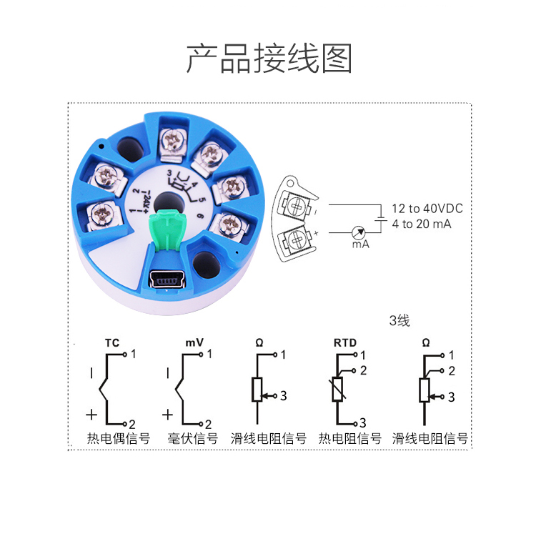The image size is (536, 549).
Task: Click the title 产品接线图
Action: pos(269,59)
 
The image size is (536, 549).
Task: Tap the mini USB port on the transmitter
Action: pos(167,279)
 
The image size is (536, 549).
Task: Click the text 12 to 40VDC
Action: pos(427,209)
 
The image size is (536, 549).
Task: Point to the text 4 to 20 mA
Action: pos(422,224)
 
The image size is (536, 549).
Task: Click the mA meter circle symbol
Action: pos(359,232)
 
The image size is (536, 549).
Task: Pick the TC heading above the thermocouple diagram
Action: pos(112,343)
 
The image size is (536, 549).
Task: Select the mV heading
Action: pos(194,342)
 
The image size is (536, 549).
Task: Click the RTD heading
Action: pos(345,343)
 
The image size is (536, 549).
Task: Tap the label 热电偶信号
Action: pos(119,438)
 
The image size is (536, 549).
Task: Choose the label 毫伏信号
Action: pos(193,438)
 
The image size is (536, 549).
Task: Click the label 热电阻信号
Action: pos(350,438)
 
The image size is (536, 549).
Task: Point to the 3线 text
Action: pos(399,320)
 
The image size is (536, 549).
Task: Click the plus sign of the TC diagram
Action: pos(91,415)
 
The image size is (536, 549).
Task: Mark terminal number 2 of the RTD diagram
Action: pos(363,370)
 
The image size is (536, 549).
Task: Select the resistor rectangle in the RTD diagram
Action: pos(337,390)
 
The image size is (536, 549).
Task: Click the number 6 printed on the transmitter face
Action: pos(201,216)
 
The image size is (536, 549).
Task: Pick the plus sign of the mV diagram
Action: pos(168,415)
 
